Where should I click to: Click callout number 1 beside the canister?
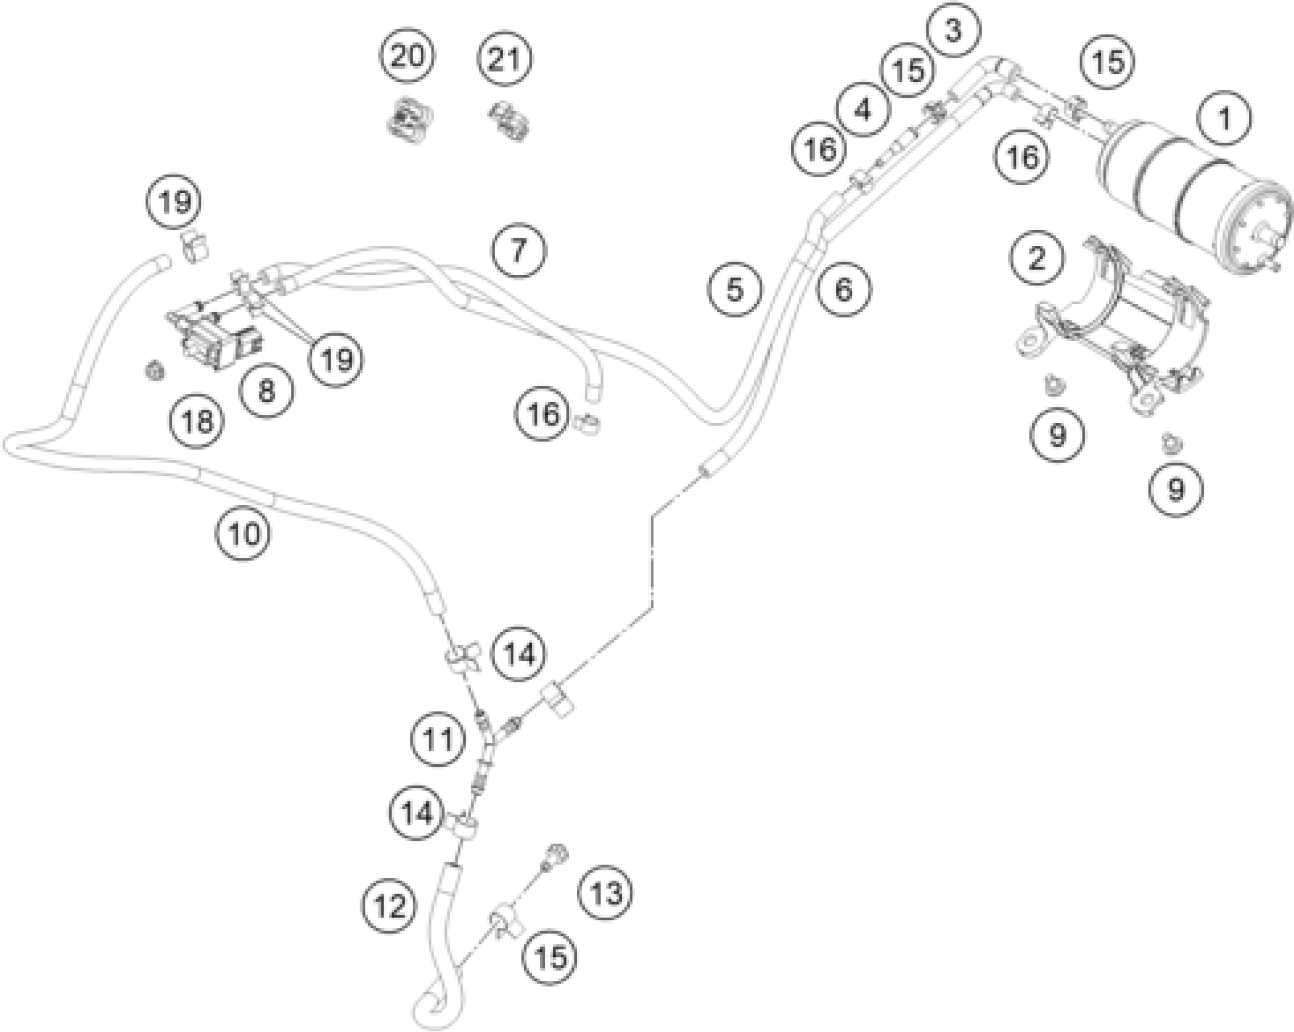1225,118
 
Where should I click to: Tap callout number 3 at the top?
954,30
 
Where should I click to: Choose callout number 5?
735,290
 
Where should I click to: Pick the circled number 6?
843,290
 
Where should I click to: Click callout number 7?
518,250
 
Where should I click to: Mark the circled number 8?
267,391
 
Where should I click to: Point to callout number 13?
606,893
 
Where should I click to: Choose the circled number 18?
197,420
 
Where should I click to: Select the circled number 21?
505,59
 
